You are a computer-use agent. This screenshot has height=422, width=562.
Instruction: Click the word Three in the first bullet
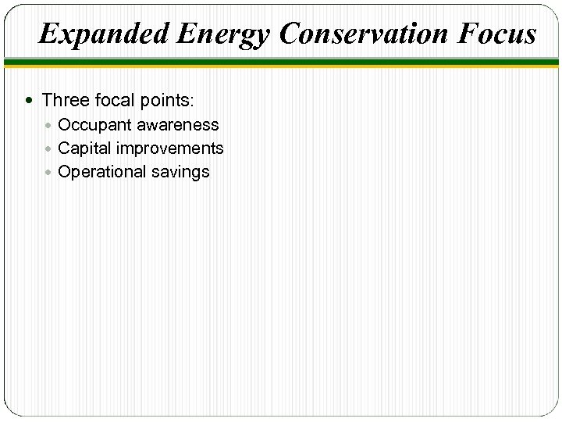(66, 100)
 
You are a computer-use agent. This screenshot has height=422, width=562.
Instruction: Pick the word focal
(114, 100)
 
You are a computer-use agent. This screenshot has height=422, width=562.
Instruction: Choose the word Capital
(85, 148)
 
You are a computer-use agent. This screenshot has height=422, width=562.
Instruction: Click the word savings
(181, 173)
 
